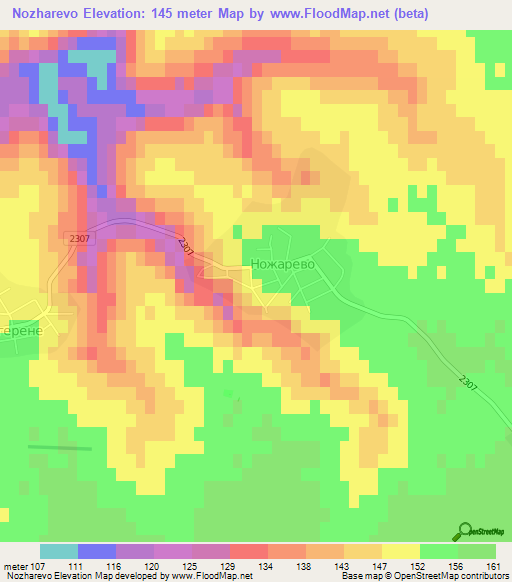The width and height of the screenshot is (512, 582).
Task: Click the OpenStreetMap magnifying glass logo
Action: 465,531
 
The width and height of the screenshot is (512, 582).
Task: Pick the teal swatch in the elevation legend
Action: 59,551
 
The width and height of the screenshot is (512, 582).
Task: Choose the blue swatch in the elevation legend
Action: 97,551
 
